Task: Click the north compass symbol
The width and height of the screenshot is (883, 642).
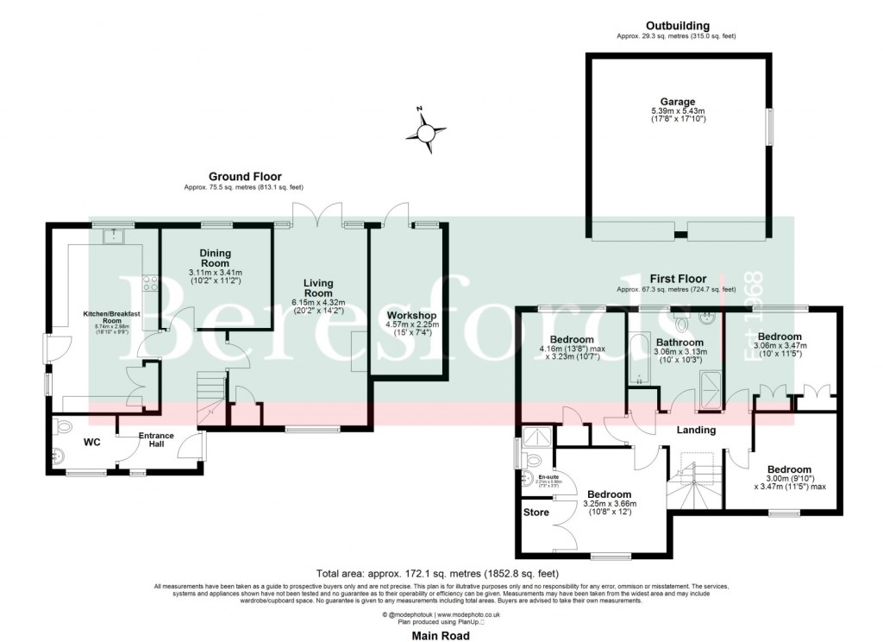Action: [x=427, y=132]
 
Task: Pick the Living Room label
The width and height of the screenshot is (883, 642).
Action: [x=318, y=288]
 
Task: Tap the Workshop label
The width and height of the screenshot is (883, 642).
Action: [x=408, y=315]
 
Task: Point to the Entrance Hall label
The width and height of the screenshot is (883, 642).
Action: [x=156, y=440]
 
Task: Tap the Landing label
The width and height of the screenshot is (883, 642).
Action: [x=693, y=430]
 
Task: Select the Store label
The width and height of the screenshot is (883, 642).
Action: [x=535, y=512]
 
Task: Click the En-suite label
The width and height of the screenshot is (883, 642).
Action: [x=548, y=477]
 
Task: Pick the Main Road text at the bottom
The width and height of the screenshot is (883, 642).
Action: [x=441, y=636]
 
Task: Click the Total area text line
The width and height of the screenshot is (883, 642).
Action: [x=438, y=573]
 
